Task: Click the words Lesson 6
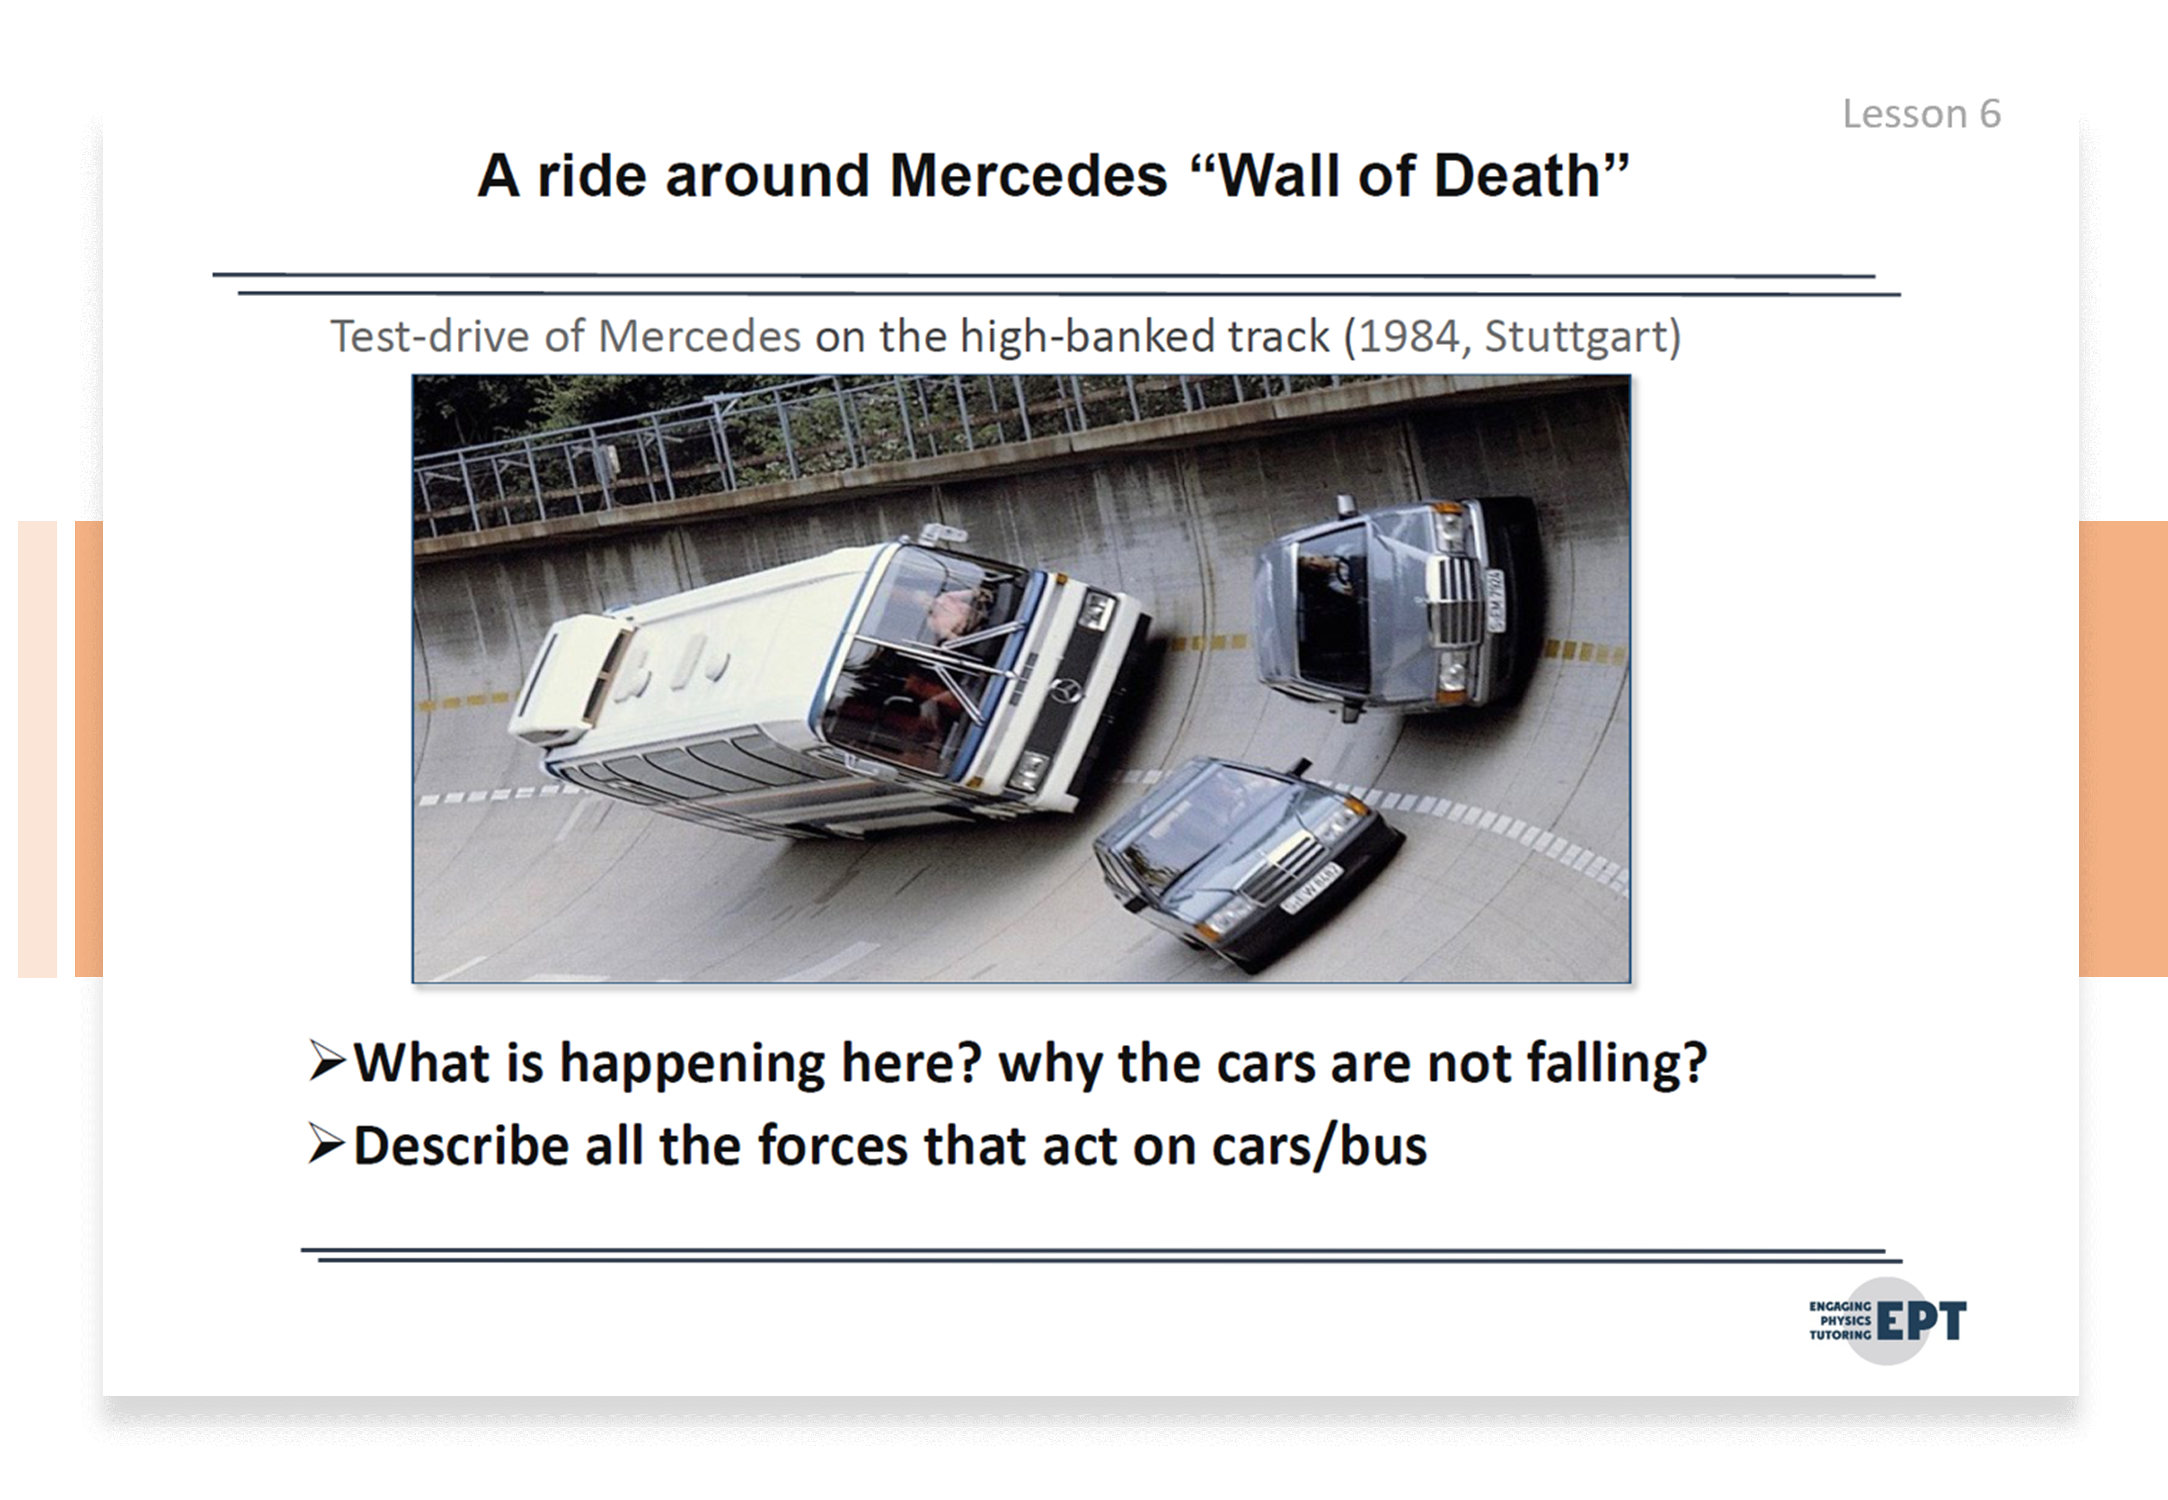(1921, 114)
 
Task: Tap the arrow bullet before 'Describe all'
(327, 1145)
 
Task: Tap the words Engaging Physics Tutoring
(1840, 1321)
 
